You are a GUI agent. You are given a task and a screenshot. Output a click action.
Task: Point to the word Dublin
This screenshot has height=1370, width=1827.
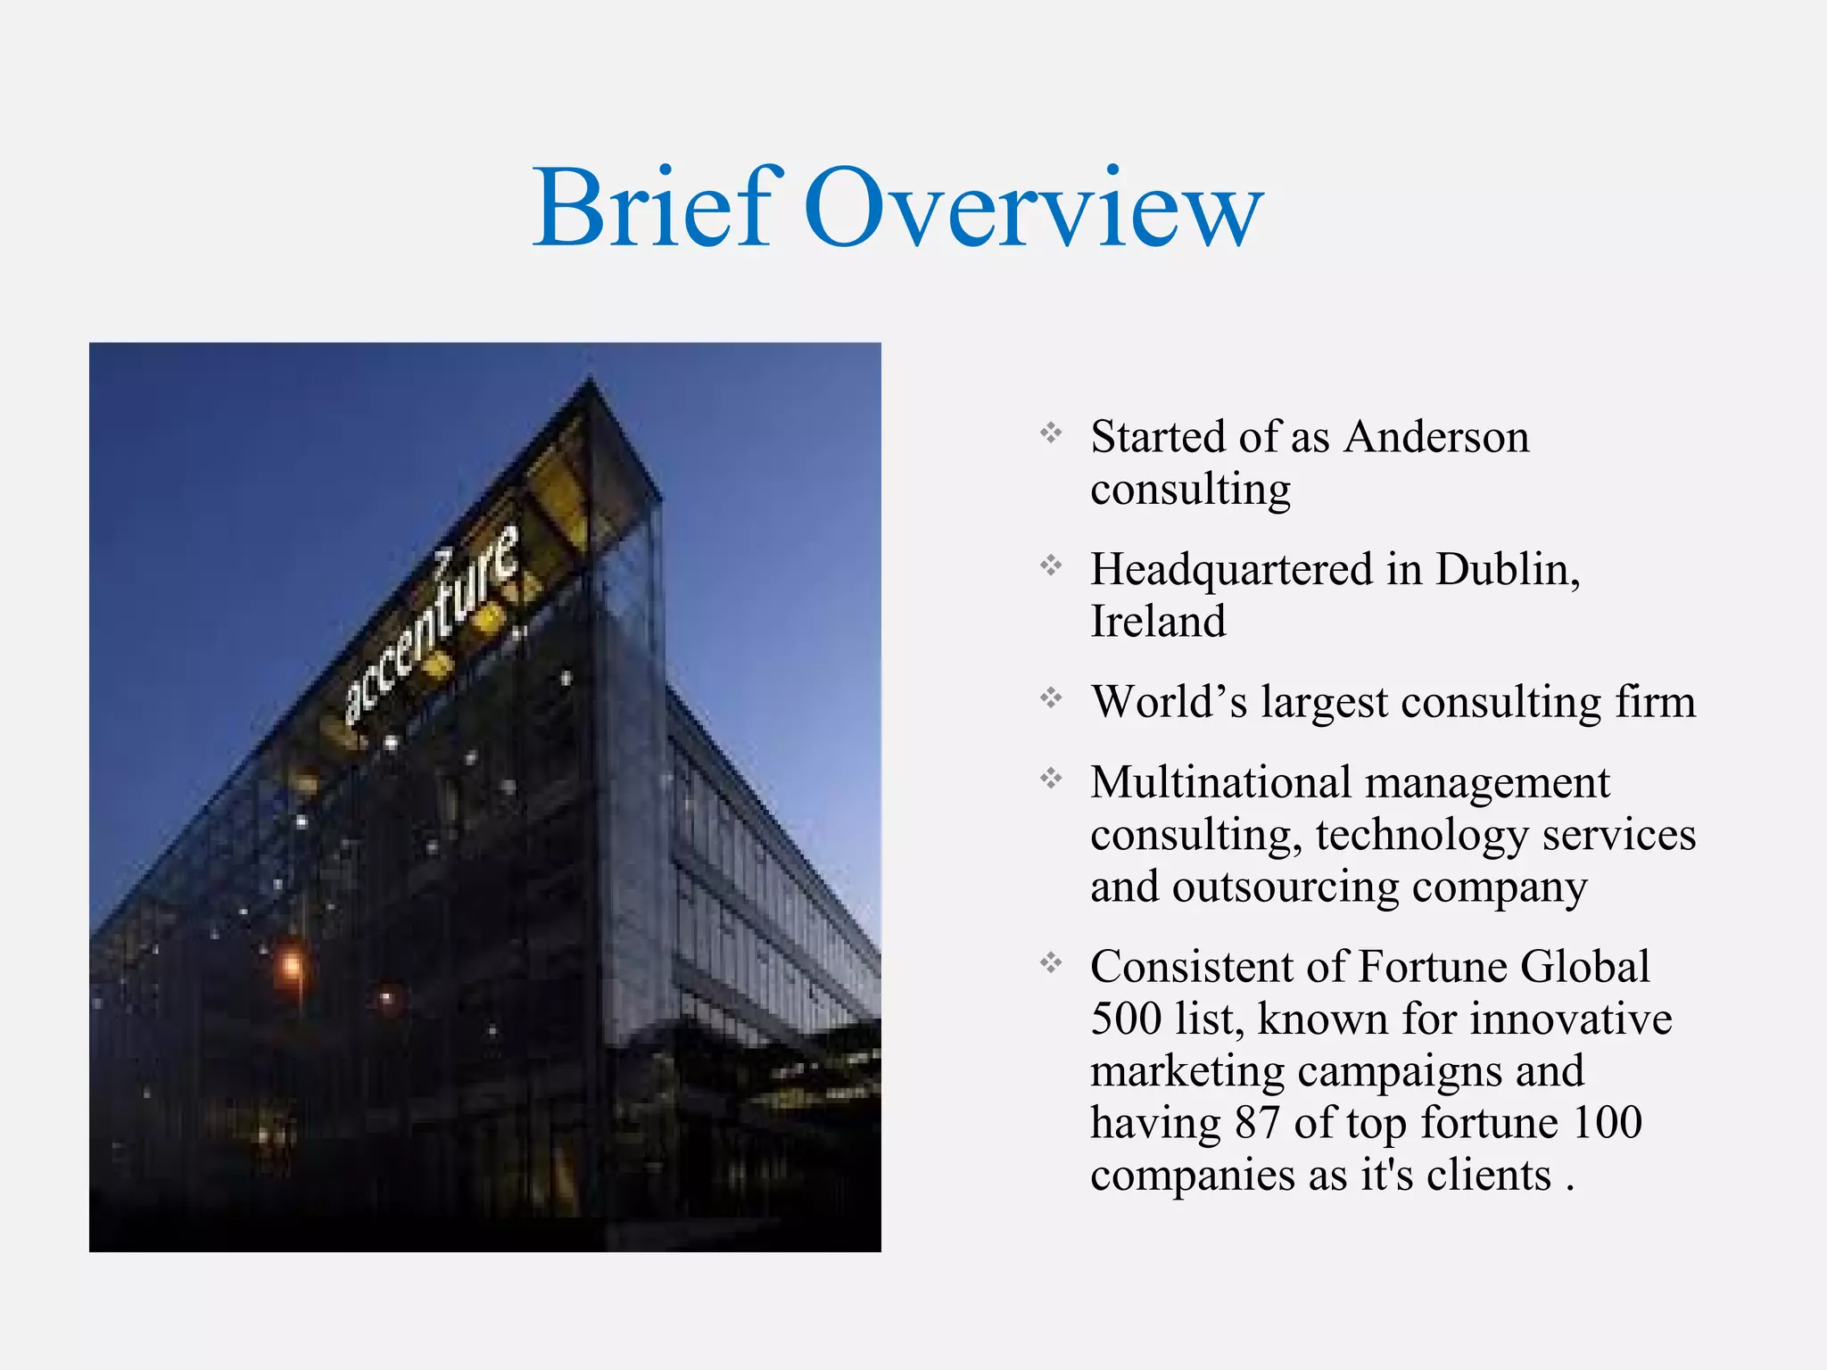click(1507, 569)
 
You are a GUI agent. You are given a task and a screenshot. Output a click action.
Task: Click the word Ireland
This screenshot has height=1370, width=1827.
click(1158, 621)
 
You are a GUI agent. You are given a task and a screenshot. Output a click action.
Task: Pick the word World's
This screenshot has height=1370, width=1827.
click(1169, 701)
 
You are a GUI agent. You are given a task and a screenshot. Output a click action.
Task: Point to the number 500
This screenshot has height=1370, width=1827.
click(1126, 1019)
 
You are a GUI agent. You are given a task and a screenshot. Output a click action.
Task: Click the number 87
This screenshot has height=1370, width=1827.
click(1258, 1122)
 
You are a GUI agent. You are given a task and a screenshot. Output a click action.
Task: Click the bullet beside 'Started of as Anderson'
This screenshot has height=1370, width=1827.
click(1051, 433)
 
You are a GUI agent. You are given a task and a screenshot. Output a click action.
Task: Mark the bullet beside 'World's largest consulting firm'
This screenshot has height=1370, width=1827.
click(1051, 698)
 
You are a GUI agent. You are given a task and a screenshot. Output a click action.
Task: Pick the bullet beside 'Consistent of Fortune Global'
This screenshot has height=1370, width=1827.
click(1051, 962)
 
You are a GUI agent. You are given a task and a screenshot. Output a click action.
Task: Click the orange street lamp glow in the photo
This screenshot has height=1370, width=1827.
click(291, 964)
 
